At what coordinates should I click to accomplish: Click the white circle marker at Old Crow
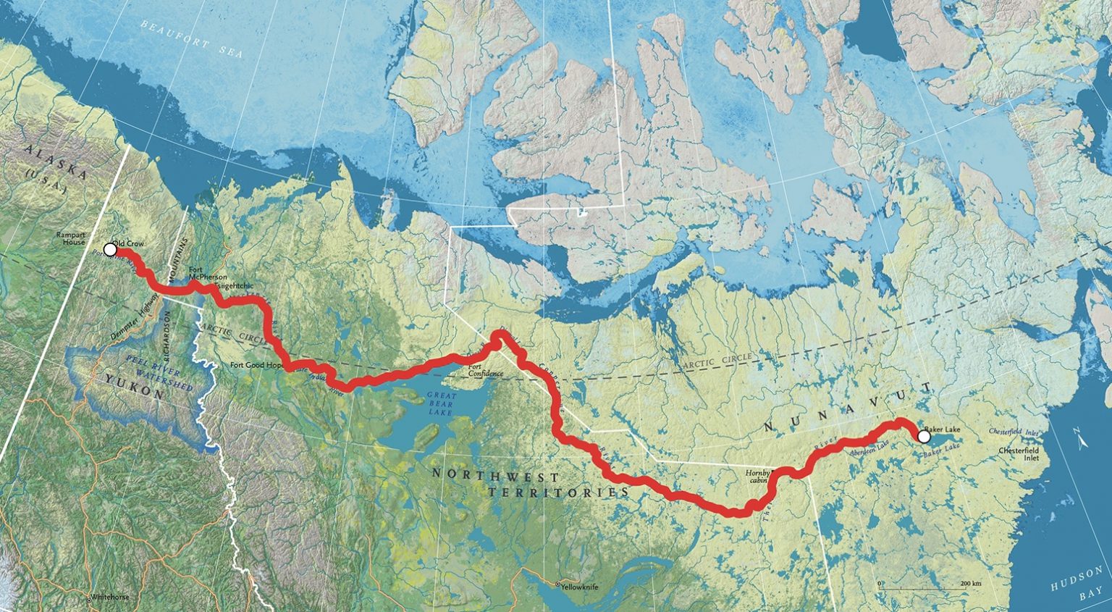[110, 249]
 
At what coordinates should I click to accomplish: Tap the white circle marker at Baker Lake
[924, 437]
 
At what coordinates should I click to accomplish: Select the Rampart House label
[73, 238]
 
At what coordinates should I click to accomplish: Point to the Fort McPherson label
[207, 273]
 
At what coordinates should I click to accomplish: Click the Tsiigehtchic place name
[235, 286]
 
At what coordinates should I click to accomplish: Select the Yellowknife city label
[577, 585]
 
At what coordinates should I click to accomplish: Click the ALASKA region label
[55, 160]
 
